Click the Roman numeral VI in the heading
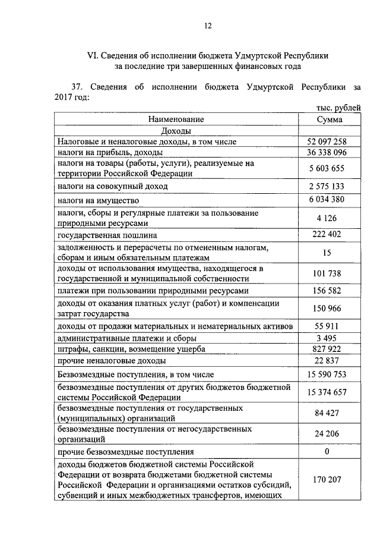point(92,55)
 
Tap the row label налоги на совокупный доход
point(113,186)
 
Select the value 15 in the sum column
point(327,252)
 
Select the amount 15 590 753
point(329,375)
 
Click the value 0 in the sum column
point(327,452)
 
